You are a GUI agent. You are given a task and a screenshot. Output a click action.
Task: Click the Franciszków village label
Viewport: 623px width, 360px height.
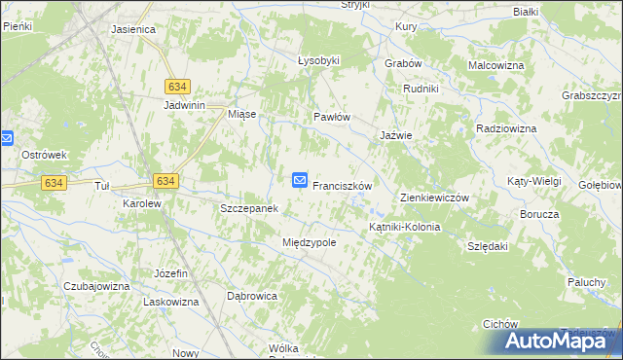[x=343, y=184]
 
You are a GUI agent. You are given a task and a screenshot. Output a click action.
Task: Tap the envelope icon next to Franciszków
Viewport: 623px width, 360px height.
[x=300, y=180]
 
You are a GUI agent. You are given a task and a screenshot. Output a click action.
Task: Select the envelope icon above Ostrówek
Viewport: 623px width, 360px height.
[x=5, y=138]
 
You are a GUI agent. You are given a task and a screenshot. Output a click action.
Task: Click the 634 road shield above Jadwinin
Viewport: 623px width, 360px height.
[x=177, y=86]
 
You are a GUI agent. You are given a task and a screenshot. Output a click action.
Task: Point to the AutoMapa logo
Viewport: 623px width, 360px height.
[x=558, y=341]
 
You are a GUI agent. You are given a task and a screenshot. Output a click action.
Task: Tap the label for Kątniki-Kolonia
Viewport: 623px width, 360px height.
[x=404, y=227]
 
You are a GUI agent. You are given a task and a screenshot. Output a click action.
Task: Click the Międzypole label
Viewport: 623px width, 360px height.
[x=309, y=242]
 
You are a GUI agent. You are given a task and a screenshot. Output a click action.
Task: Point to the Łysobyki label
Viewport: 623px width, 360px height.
[x=318, y=60]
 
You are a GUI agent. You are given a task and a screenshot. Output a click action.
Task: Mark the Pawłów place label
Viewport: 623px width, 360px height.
[x=331, y=117]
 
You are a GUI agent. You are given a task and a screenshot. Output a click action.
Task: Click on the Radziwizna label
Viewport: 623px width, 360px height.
[x=506, y=128]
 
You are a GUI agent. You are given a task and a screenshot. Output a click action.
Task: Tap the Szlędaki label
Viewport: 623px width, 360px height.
[x=488, y=247]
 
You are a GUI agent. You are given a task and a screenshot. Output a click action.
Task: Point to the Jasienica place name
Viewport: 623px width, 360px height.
[x=133, y=29]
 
